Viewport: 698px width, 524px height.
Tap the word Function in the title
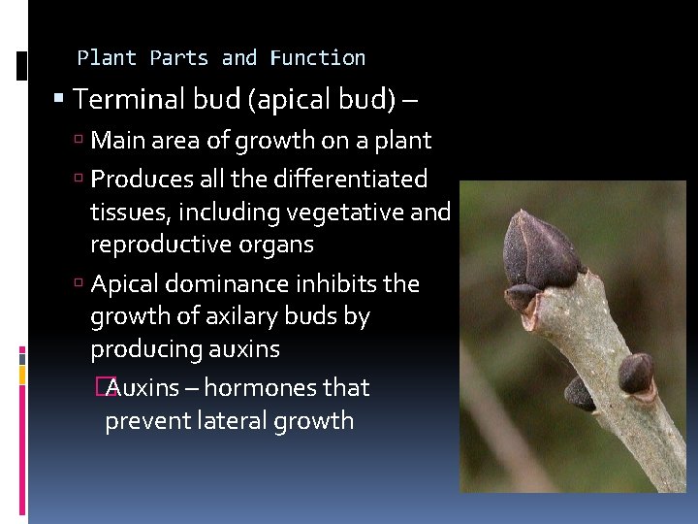point(318,58)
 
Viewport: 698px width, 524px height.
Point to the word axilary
point(239,316)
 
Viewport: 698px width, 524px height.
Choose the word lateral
point(220,421)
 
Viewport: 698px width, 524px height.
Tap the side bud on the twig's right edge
point(635,373)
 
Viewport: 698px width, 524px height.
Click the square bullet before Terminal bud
point(60,99)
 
